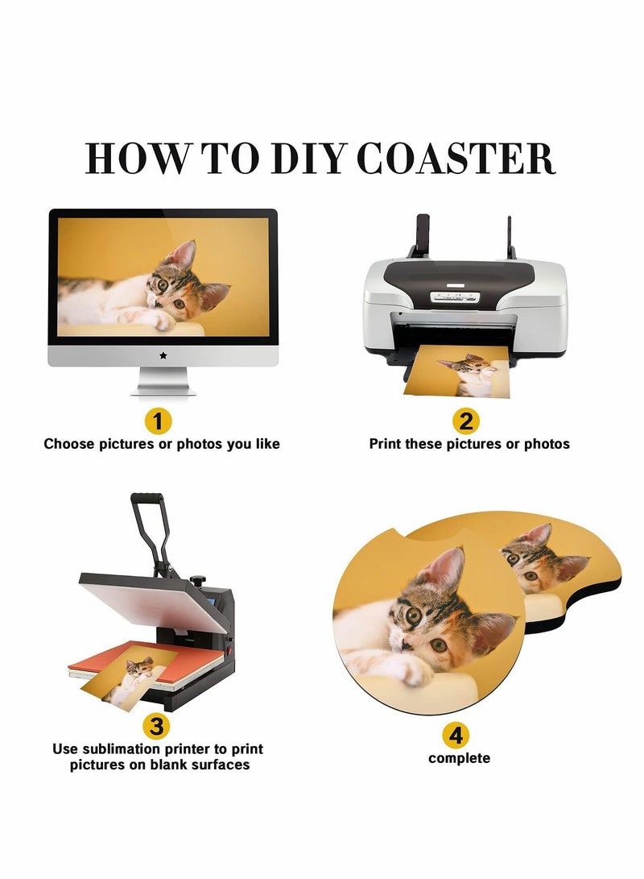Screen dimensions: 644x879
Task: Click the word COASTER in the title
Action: (x=456, y=158)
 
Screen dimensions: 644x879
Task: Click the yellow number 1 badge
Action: (x=158, y=421)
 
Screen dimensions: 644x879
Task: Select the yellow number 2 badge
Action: (x=466, y=421)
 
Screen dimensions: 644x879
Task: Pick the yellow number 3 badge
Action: (x=157, y=726)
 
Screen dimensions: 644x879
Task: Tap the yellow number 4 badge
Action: (x=456, y=735)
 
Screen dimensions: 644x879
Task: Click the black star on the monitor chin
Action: (x=163, y=355)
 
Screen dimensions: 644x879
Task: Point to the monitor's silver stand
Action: (x=163, y=381)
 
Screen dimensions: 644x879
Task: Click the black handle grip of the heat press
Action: (x=147, y=499)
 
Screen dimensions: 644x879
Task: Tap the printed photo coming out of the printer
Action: (x=457, y=371)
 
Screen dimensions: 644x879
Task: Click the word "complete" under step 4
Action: (x=459, y=758)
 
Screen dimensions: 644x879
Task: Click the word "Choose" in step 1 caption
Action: (x=69, y=444)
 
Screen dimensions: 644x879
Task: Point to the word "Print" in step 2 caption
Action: (x=386, y=444)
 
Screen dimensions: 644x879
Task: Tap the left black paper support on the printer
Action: (x=421, y=235)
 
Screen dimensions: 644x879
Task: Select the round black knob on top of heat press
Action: (x=198, y=579)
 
